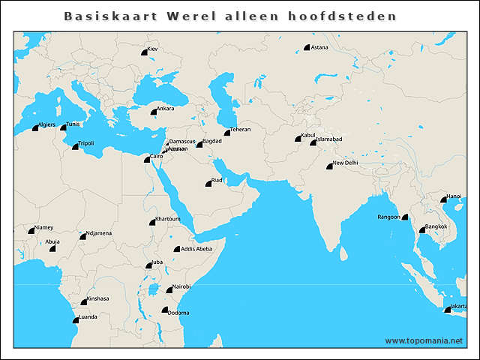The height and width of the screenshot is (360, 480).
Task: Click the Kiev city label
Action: tap(153, 49)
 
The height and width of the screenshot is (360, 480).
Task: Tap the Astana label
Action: tap(319, 47)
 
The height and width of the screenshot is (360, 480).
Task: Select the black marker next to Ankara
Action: tap(153, 112)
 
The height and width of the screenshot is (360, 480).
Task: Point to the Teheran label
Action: tap(240, 130)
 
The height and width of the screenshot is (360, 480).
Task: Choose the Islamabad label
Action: tap(329, 139)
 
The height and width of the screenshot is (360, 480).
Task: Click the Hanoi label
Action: tap(454, 196)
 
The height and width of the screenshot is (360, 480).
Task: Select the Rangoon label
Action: tap(388, 217)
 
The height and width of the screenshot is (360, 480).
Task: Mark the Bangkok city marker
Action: tap(422, 230)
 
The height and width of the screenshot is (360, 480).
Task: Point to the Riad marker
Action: tap(209, 184)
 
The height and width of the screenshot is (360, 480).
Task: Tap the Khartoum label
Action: tap(167, 219)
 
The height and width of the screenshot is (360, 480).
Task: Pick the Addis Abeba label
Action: tap(196, 248)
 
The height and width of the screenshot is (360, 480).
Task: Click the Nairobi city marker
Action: tap(169, 290)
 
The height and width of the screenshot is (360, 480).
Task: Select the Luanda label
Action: tap(88, 317)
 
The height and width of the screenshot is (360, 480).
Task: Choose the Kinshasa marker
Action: tap(84, 302)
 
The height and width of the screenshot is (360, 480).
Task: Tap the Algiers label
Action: tap(46, 124)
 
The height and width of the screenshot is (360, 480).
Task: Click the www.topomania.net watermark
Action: tap(424, 340)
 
